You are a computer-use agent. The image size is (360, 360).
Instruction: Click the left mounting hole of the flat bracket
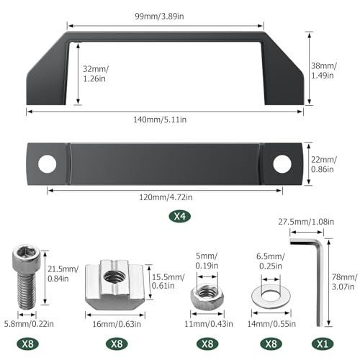[48, 164]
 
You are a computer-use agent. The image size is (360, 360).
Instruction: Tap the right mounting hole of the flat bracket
[282, 164]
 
